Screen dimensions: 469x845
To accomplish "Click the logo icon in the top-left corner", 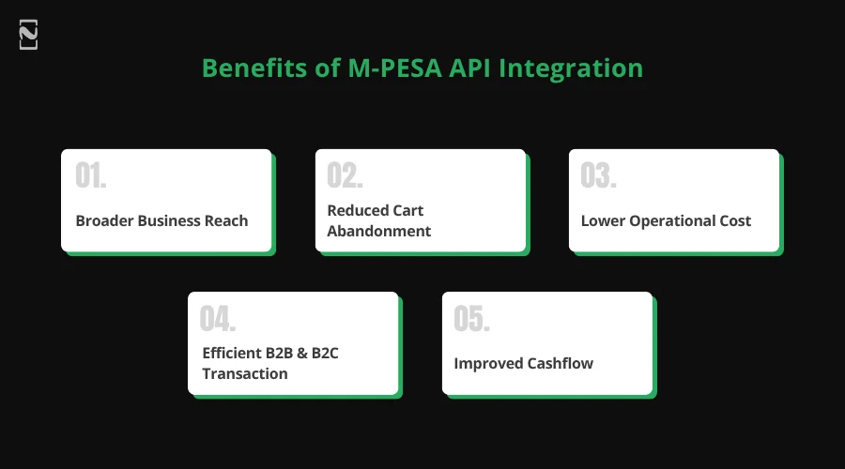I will coord(28,36).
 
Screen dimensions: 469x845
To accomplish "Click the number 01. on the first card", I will coord(91,177).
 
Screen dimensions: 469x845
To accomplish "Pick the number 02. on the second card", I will coord(345,177).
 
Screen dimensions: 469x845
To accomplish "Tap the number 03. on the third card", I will coord(598,177).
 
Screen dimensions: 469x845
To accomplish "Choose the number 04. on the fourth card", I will coord(218,320).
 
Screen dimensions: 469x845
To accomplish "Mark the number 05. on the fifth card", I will coord(471,320).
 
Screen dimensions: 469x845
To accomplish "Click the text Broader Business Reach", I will coord(161,221).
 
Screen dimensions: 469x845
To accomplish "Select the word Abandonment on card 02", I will coord(379,232).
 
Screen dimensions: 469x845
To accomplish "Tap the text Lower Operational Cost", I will coord(666,221).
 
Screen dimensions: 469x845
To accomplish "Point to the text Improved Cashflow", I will coord(523,364).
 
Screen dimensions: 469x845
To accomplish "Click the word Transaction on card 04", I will coord(245,374).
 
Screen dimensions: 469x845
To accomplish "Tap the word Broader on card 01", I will coord(104,221).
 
